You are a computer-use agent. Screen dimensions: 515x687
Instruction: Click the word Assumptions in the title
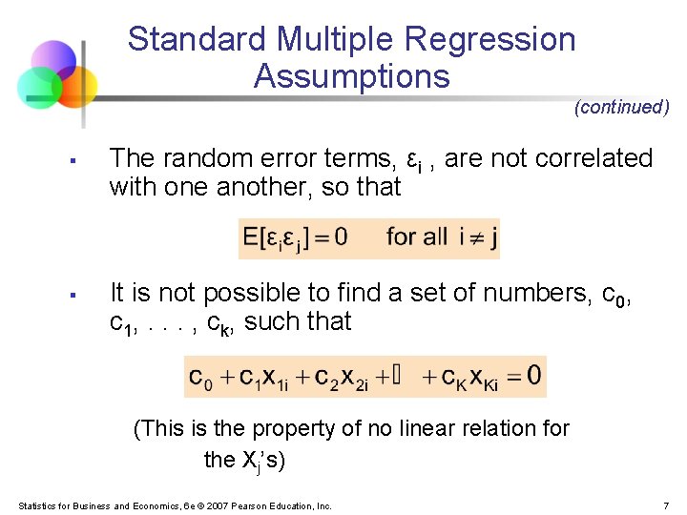351,76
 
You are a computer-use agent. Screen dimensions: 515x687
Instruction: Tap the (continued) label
621,107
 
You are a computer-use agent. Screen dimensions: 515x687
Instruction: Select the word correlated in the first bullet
594,158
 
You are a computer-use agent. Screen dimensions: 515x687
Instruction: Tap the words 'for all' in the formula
416,236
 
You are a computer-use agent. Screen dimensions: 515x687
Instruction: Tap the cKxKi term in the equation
467,376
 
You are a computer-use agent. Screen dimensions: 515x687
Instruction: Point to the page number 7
665,505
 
